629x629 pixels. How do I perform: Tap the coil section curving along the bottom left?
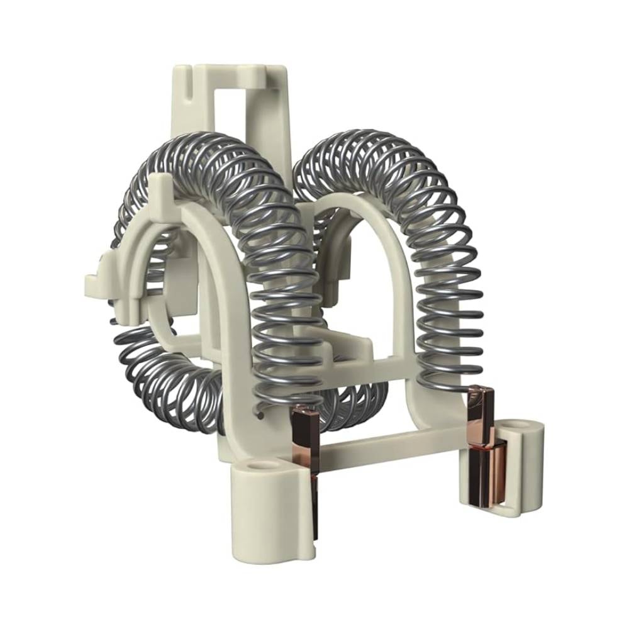coord(164,384)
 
